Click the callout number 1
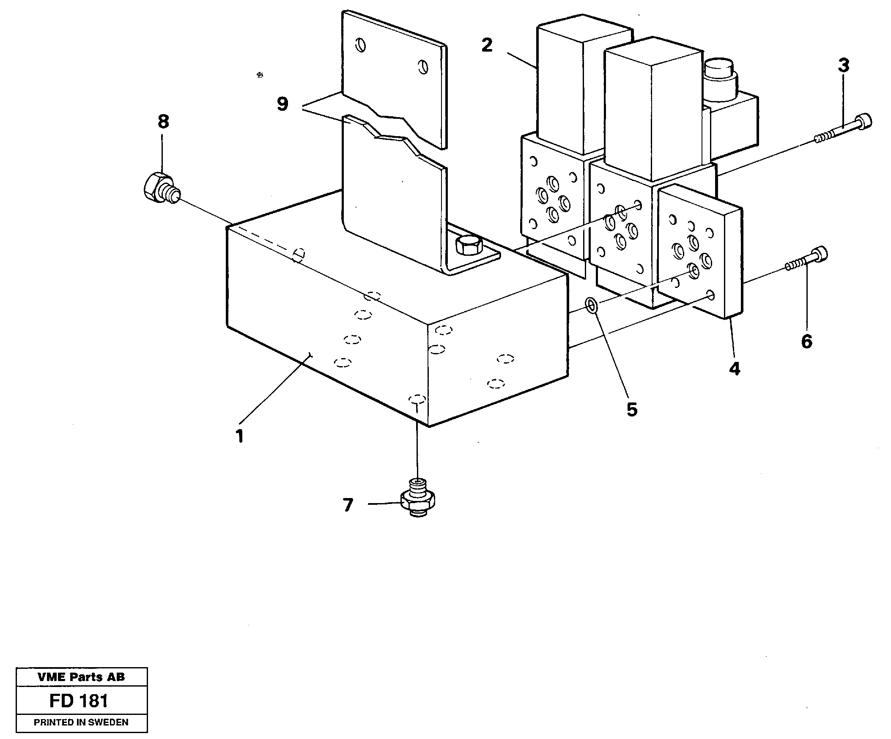pos(240,436)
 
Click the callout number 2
pos(487,45)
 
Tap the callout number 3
pos(844,66)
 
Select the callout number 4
pos(735,368)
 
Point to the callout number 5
pos(632,409)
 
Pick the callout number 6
pos(806,341)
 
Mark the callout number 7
pos(348,505)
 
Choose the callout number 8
pos(163,122)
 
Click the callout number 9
pos(282,104)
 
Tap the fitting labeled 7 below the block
pos(418,498)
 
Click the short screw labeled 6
pos(806,260)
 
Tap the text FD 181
pos(79,701)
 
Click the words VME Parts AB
pos(81,677)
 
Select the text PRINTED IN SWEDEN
pos(81,722)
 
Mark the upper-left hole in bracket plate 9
pos(361,45)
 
